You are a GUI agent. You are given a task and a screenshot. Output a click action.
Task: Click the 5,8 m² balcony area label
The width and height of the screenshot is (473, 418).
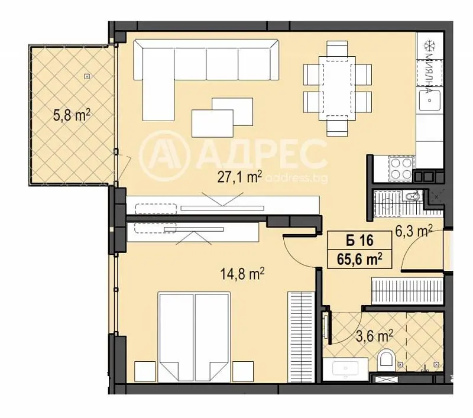click(72, 115)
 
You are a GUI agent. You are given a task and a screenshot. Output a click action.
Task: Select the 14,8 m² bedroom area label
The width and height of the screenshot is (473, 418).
click(242, 274)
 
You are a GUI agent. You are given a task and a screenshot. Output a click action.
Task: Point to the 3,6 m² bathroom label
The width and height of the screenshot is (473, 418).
click(374, 336)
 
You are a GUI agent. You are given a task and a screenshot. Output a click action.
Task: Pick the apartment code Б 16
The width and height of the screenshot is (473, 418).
click(359, 241)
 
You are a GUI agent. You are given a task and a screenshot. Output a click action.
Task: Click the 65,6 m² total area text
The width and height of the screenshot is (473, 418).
click(359, 259)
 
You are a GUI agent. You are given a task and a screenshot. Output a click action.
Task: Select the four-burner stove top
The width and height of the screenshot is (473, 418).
click(401, 169)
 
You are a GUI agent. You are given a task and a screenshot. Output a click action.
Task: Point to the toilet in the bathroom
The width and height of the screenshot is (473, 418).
click(386, 359)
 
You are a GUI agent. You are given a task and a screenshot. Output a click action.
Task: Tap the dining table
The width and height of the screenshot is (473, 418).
click(337, 88)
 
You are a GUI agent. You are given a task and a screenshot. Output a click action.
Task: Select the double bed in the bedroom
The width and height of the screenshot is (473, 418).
click(194, 336)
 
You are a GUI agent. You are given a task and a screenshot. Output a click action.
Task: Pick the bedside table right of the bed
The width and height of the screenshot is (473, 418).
click(243, 371)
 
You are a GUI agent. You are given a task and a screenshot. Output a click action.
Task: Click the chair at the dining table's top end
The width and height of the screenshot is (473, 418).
click(337, 49)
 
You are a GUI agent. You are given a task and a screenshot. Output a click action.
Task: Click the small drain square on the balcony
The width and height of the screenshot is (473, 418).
click(87, 77)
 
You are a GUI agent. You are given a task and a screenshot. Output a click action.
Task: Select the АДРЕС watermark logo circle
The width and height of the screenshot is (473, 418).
click(165, 156)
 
